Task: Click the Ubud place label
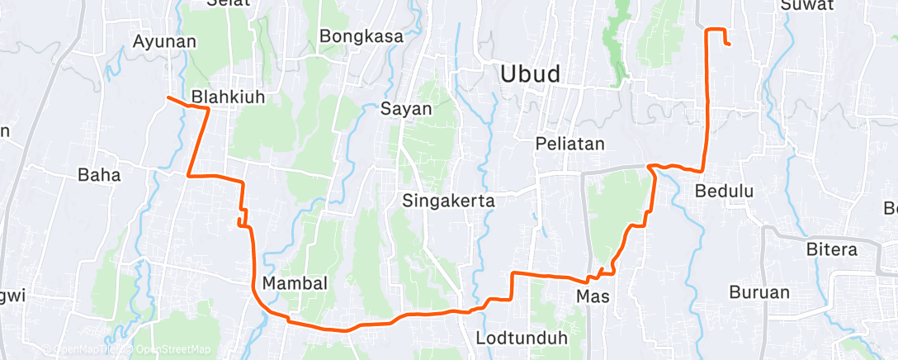(x=530, y=73)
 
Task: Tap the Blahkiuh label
(x=228, y=97)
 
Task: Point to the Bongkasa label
(x=361, y=36)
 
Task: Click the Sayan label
(x=406, y=107)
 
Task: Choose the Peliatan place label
(x=570, y=144)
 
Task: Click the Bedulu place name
(x=725, y=191)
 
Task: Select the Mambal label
(x=295, y=283)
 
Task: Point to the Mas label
(x=593, y=296)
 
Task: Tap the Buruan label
(x=759, y=291)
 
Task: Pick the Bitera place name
(x=833, y=249)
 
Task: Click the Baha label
(x=99, y=174)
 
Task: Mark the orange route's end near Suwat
(x=729, y=44)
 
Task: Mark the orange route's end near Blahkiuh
(x=168, y=97)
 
